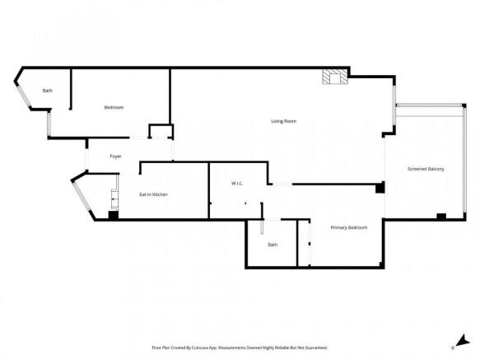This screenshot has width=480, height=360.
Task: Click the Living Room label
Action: pos(283,122)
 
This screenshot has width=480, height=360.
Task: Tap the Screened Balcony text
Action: pos(426,169)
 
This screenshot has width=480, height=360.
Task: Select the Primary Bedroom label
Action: pos(348,227)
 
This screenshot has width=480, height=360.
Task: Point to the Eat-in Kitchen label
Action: pos(153,194)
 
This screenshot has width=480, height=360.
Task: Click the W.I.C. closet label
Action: pos(235,183)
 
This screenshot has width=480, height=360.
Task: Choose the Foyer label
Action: pos(116,156)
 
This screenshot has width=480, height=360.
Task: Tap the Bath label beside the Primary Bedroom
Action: pos(273,245)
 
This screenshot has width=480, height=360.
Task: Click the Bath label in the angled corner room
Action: pos(48,91)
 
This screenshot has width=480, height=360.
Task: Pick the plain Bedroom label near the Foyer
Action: pos(114,108)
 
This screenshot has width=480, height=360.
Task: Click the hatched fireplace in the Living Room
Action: pos(334,77)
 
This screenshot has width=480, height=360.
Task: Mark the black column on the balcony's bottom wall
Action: pos(441,217)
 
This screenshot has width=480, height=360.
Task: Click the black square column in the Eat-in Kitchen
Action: pos(113,216)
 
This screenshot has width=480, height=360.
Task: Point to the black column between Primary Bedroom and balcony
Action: pos(380,189)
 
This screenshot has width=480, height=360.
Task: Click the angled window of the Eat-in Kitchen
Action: pos(86,199)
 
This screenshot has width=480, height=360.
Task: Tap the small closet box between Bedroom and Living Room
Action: pos(159,132)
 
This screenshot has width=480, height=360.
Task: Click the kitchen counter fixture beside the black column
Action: pos(114,198)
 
